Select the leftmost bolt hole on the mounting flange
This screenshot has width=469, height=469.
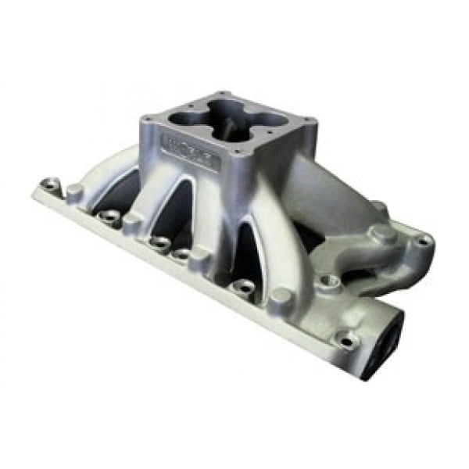(52, 184)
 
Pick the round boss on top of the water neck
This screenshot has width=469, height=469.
(381, 232)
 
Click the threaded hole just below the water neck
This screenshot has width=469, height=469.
(328, 279)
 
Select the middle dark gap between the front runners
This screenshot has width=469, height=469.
(174, 215)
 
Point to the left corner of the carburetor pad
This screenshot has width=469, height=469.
(146, 121)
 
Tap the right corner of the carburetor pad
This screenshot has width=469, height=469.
(310, 122)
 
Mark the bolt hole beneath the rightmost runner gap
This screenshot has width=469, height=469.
(244, 287)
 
